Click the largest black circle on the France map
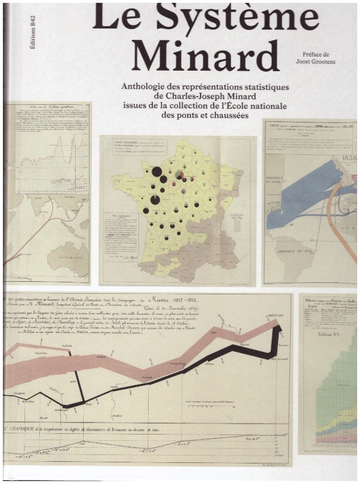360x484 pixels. (155, 171)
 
